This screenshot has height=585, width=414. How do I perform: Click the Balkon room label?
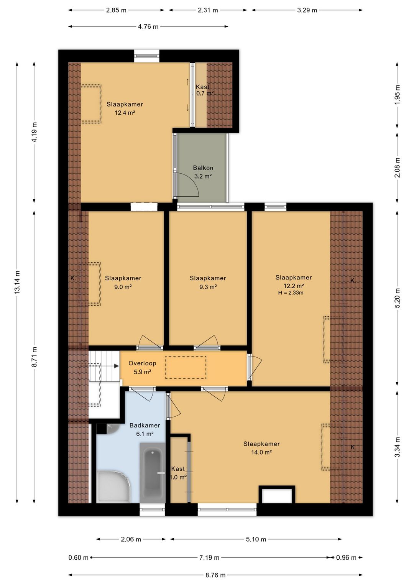[x=203, y=168]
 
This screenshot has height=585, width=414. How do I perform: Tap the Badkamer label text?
[x=145, y=425]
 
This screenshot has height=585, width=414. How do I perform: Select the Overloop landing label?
[x=142, y=363]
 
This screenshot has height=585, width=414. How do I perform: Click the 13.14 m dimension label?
[x=17, y=282]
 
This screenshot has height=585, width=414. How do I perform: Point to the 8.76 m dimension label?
[x=215, y=575]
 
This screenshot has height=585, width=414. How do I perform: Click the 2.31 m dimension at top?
[x=208, y=10]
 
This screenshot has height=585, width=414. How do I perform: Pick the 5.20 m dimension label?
[x=397, y=298]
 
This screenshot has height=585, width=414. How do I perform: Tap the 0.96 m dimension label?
[x=346, y=557]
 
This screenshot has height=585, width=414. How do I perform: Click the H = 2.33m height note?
[x=291, y=293]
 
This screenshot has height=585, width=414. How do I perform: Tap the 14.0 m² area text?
[x=261, y=452]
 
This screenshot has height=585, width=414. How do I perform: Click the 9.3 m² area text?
[x=208, y=287]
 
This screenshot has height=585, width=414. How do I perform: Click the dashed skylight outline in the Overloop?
[x=186, y=367]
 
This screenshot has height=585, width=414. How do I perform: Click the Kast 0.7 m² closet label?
[x=205, y=90]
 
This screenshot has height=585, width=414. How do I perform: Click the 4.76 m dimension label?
[x=148, y=26]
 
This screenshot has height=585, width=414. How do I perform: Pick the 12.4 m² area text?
[x=125, y=113]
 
